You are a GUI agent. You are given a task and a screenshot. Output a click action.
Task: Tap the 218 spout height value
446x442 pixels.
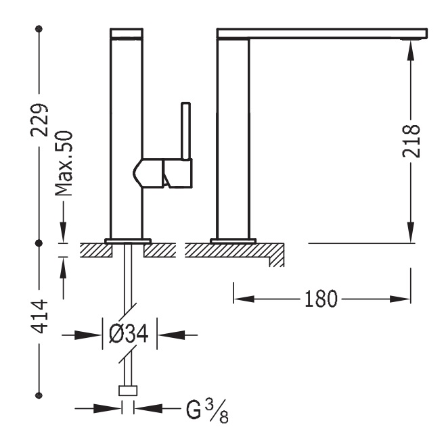click(x=411, y=141)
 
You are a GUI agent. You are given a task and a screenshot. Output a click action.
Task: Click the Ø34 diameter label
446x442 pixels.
click(x=129, y=333)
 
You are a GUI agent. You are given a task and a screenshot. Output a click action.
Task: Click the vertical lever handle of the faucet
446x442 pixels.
click(x=185, y=132)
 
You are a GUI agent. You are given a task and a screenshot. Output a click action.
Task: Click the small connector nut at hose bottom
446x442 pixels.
click(x=128, y=391)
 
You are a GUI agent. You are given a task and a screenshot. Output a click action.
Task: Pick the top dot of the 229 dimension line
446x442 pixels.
click(x=39, y=29)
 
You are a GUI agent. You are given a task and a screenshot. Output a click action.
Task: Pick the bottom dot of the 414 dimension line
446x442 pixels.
click(x=39, y=396)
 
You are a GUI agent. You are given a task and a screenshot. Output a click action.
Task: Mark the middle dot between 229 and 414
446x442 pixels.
click(x=39, y=241)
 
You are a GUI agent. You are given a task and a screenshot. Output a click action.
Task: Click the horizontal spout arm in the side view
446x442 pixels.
click(x=321, y=33)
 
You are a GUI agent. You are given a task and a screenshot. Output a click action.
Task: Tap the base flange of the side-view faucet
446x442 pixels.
click(x=233, y=240)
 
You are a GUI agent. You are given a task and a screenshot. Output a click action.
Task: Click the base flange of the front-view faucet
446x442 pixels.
click(x=127, y=240)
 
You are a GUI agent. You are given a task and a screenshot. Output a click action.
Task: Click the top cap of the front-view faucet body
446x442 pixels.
click(x=127, y=33)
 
